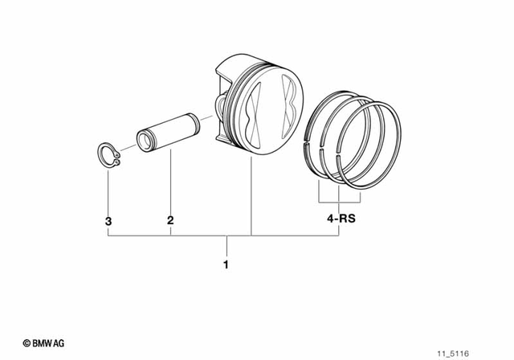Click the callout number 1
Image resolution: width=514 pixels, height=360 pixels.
click(226, 264)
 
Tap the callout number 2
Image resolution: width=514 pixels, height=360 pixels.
click(170, 219)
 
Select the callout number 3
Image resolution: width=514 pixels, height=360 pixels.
click(107, 219)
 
